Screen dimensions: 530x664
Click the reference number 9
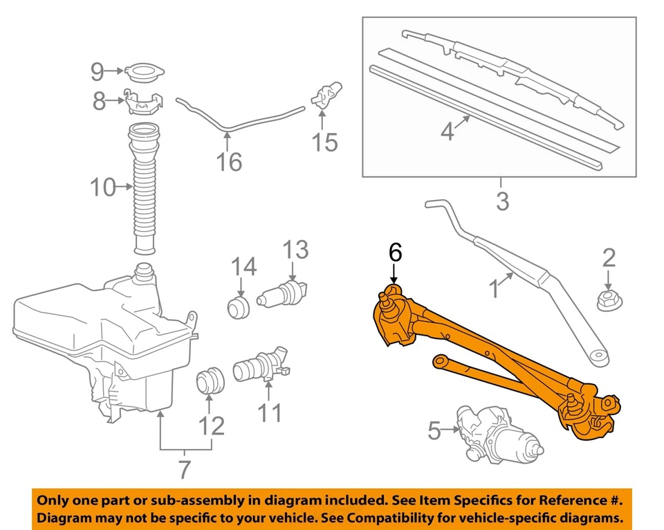point(97,71)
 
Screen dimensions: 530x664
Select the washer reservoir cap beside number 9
point(143,71)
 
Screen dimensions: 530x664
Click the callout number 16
point(230,162)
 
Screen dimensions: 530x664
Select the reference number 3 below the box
point(502,201)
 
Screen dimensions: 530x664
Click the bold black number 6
point(394,253)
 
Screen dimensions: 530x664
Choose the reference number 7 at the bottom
point(183,468)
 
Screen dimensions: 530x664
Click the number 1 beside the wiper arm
point(493,289)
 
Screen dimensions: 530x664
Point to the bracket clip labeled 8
point(143,102)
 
